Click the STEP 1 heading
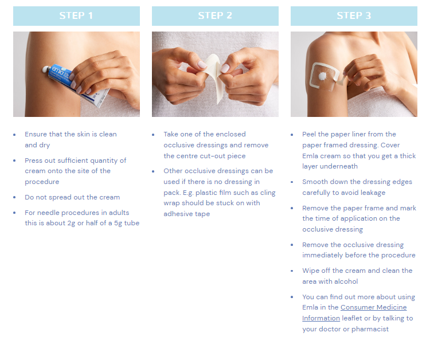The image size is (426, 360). (x=76, y=15)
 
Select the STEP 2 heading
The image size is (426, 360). (x=215, y=15)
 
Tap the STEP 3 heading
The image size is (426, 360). (x=354, y=15)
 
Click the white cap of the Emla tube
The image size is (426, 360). (x=46, y=69)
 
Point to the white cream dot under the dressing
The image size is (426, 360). (x=323, y=76)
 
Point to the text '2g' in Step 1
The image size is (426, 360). (x=71, y=224)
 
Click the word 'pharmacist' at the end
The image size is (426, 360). (x=370, y=329)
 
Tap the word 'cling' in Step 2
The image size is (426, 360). (x=268, y=193)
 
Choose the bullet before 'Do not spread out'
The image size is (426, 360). (x=14, y=197)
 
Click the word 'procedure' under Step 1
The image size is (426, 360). (x=42, y=182)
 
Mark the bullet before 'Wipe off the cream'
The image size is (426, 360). (x=292, y=271)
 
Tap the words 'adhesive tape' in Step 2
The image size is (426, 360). (x=187, y=214)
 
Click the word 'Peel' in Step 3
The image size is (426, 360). (x=309, y=134)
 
